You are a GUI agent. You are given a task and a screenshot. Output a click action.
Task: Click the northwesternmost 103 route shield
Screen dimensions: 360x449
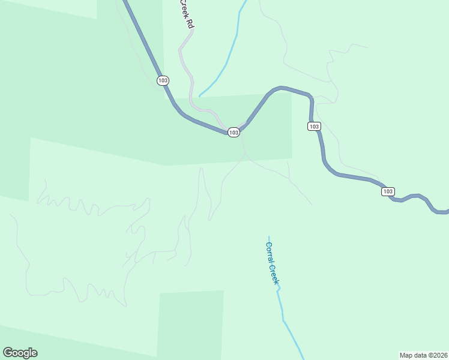(163, 80)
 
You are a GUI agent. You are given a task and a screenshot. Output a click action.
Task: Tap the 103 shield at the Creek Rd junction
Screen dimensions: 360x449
(234, 132)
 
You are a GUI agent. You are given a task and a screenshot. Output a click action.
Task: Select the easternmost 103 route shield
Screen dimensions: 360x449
(388, 191)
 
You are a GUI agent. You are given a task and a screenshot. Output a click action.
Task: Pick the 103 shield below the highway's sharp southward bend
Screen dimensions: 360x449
(314, 126)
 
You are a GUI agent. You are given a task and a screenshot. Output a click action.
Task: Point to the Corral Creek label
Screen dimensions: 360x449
(273, 262)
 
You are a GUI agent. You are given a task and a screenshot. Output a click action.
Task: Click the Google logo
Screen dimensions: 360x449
(20, 353)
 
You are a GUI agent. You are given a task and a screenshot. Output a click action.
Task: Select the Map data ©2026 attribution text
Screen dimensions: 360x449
(423, 355)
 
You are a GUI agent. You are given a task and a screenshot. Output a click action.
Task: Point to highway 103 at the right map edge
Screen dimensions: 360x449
(444, 212)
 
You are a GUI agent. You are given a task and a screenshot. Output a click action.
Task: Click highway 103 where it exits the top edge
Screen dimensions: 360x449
(125, 2)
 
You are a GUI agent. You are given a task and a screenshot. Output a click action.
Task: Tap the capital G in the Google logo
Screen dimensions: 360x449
(8, 353)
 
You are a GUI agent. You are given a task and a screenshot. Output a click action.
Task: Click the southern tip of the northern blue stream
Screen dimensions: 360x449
(200, 96)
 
